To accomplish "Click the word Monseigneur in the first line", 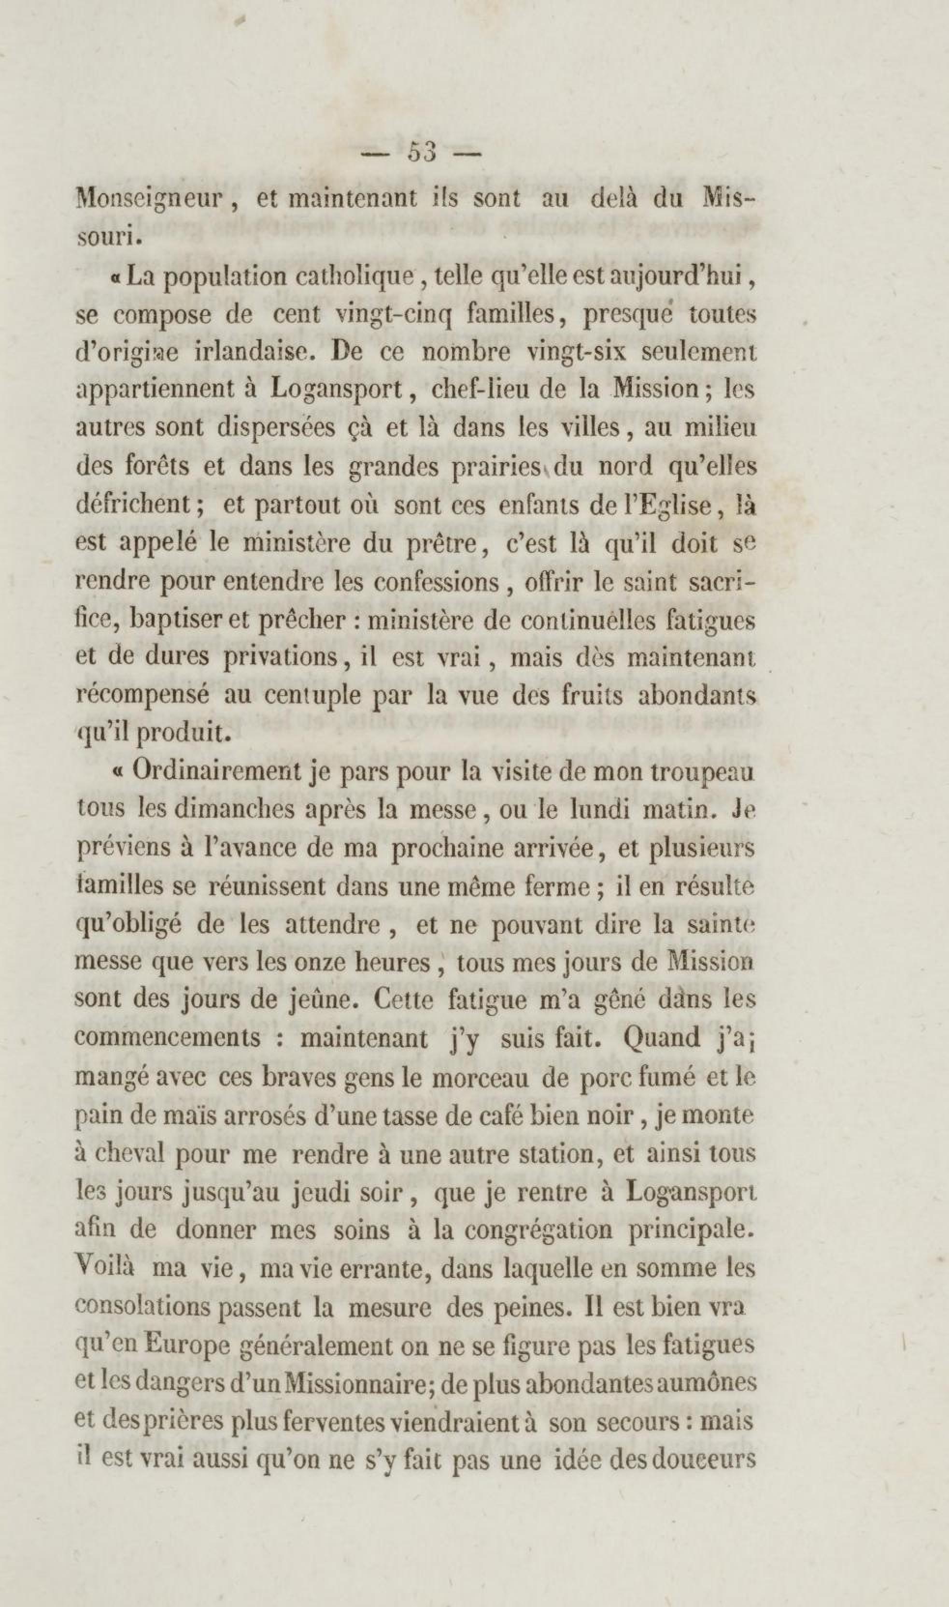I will pyautogui.click(x=151, y=200).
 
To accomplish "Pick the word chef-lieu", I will pyautogui.click(x=483, y=391).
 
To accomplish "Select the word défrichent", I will pyautogui.click(x=140, y=506).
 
